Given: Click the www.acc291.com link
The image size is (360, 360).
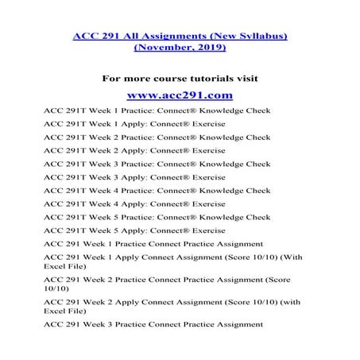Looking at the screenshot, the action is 179,95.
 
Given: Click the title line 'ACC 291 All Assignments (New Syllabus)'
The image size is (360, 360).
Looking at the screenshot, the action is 180,34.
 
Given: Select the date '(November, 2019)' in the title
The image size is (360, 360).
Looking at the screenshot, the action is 180,48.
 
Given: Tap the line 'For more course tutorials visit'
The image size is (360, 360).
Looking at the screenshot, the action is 179,78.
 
